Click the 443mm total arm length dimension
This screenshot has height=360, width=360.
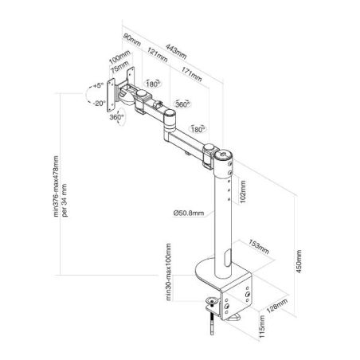tap(176, 52)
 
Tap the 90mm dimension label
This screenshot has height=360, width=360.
tap(132, 40)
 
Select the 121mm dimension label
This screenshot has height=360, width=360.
tap(158, 55)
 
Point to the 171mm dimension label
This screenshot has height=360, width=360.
tap(191, 74)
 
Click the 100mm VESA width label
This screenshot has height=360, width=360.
tap(119, 57)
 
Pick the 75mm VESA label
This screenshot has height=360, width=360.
tap(119, 67)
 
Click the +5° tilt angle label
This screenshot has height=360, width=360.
tap(97, 85)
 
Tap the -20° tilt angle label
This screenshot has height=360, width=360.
tap(100, 104)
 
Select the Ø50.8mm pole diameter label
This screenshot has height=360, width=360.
tap(189, 213)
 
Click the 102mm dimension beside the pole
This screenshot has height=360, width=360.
tap(242, 192)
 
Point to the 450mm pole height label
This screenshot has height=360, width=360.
tap(299, 261)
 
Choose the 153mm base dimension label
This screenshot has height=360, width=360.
tap(259, 247)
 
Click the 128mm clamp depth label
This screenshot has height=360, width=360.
tap(276, 306)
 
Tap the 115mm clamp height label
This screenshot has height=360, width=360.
tap(262, 327)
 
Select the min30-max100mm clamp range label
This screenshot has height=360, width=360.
tap(169, 272)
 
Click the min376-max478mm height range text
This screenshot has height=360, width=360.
tap(56, 186)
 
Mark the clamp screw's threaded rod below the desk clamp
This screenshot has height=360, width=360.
tap(212, 323)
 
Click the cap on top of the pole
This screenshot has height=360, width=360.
tap(223, 154)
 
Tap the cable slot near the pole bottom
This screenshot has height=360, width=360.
tap(228, 257)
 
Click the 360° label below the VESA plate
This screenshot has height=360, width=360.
tap(116, 117)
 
